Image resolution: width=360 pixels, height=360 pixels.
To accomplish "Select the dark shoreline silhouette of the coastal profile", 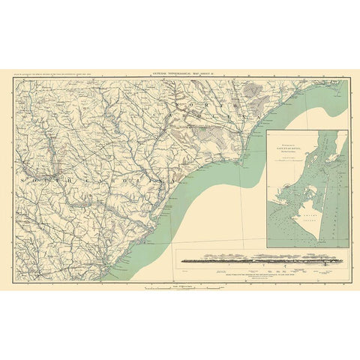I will tap(247, 263).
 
